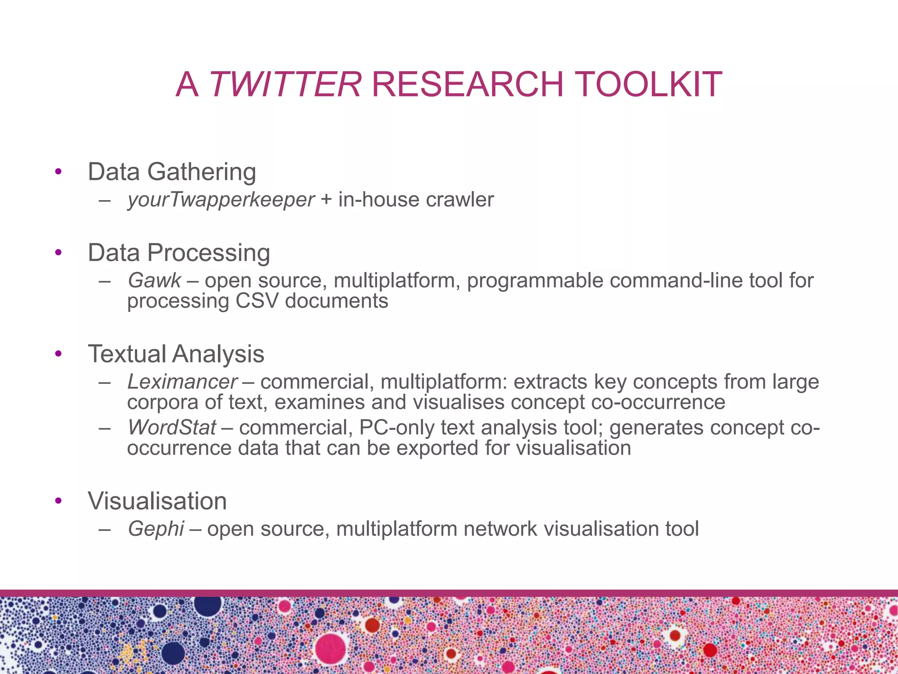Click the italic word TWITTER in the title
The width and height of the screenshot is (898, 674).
(285, 84)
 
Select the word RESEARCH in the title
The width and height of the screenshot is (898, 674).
(467, 84)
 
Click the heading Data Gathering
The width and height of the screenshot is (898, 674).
(172, 172)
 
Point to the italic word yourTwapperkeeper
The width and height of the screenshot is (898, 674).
(221, 200)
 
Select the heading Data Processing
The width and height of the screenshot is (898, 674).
(179, 253)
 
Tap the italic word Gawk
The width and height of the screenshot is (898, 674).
(154, 281)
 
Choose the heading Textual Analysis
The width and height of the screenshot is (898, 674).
(176, 354)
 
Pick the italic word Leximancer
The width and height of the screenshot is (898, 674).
(182, 382)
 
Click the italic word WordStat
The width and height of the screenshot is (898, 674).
(172, 428)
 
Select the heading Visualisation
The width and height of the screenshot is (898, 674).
(157, 501)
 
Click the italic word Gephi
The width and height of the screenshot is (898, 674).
(156, 529)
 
